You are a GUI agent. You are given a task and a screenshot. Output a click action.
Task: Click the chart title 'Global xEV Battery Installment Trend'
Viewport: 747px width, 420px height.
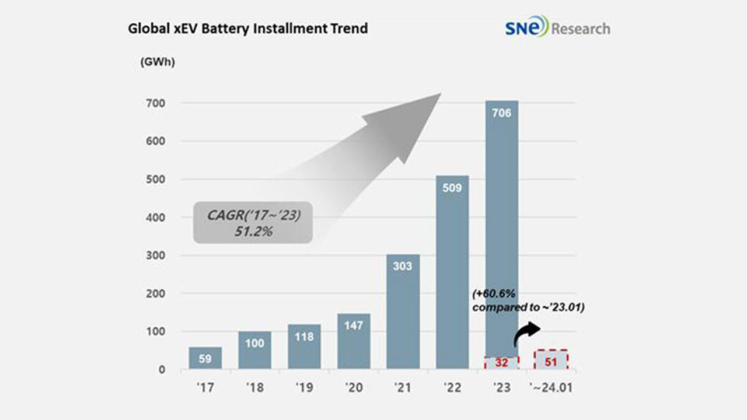(247, 28)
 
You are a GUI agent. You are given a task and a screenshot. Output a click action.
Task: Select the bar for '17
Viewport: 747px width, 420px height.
(205, 358)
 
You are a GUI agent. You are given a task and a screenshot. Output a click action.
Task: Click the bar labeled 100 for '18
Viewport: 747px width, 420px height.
(254, 350)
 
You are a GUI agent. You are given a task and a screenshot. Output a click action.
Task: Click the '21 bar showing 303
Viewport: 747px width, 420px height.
(403, 311)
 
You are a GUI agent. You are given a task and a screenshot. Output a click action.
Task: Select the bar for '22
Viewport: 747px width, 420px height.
(452, 272)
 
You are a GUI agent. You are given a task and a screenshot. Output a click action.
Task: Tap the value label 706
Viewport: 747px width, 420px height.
(501, 113)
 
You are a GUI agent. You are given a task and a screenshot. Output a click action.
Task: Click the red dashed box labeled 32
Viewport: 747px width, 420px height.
(501, 362)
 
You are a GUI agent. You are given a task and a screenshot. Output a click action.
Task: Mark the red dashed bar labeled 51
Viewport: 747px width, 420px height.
(551, 359)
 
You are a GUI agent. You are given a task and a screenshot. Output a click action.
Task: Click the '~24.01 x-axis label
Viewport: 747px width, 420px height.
(551, 387)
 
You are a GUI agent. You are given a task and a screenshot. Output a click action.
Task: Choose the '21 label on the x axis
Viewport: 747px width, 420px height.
(403, 387)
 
